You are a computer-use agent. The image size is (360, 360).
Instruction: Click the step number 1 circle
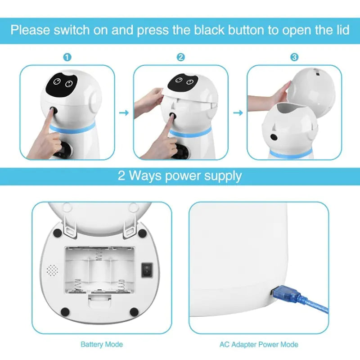(67, 58)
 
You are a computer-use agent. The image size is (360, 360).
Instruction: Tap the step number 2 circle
(180, 58)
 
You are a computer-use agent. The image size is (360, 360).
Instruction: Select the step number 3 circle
(294, 58)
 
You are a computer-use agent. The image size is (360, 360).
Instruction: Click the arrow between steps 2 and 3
(237, 112)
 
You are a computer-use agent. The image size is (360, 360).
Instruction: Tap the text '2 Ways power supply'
(180, 175)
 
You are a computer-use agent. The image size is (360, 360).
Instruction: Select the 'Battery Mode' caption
(101, 345)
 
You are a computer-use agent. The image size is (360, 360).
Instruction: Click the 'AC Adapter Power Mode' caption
(259, 345)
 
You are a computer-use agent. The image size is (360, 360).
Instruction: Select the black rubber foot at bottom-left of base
(65, 311)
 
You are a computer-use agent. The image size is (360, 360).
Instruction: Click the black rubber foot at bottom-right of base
(134, 311)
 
